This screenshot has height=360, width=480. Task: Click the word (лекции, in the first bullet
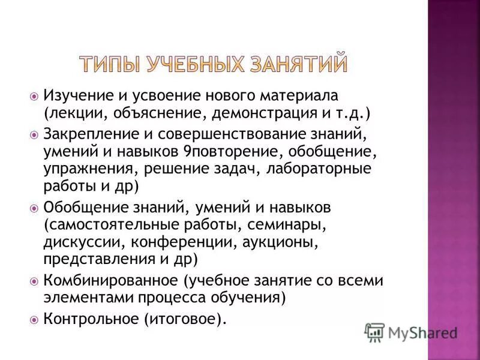click(x=68, y=113)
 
